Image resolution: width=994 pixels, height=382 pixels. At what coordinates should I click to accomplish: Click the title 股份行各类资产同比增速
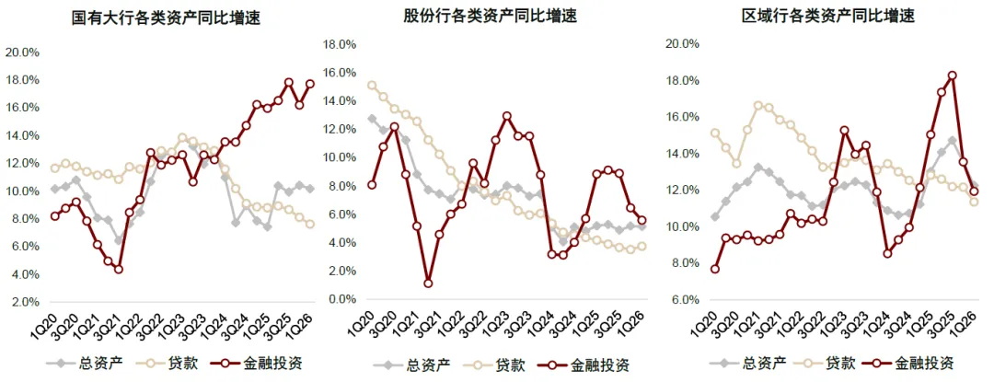[491, 16]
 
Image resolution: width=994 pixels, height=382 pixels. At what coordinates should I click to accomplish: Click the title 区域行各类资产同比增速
[828, 16]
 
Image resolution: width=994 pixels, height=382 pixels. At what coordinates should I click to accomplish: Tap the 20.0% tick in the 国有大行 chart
[22, 52]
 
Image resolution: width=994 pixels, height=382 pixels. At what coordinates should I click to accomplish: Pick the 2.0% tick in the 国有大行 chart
[26, 302]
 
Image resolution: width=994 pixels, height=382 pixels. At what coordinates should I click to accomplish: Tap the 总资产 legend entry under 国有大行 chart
[85, 364]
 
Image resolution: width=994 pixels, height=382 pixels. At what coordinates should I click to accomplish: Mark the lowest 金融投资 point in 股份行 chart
[428, 284]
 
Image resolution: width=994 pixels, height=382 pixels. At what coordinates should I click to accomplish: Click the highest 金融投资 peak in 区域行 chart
[952, 75]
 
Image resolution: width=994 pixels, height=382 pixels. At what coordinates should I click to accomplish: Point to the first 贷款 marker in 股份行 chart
[372, 85]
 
